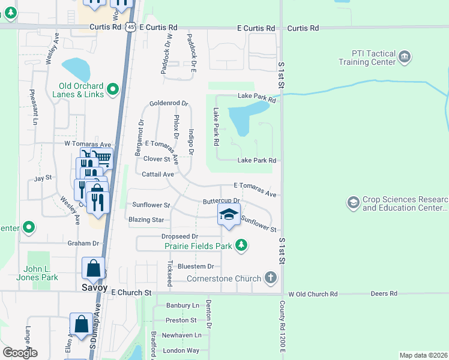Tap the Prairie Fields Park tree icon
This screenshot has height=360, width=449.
click(241, 245)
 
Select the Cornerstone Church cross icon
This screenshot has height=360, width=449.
click(271, 278)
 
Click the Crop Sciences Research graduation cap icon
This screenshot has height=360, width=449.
click(353, 203)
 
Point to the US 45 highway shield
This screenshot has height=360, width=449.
click(131, 28)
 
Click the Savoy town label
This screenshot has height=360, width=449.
click(94, 287)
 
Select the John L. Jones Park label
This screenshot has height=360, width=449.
click(41, 273)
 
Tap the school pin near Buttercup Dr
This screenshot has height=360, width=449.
click(229, 215)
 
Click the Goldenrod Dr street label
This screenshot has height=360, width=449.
click(169, 103)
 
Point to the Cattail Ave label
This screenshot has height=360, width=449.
click(158, 174)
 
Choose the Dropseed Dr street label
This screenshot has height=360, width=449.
click(179, 236)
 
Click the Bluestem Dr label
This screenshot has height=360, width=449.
click(193, 266)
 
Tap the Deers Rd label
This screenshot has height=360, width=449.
click(385, 293)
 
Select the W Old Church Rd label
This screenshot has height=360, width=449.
click(313, 294)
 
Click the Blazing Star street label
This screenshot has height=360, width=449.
click(146, 220)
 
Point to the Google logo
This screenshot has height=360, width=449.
click(20, 353)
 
